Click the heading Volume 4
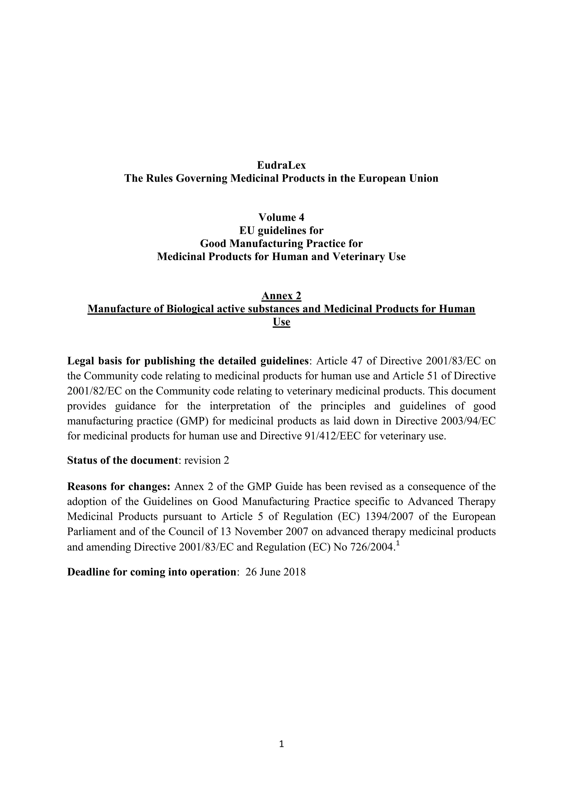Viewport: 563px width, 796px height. pos(281,217)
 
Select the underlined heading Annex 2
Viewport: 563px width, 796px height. pos(281,296)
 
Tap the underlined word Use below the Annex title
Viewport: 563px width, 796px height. pos(281,322)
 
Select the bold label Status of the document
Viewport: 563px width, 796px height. pos(122,460)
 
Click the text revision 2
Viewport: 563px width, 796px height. pos(207,460)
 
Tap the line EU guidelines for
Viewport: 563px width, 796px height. pos(281,230)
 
